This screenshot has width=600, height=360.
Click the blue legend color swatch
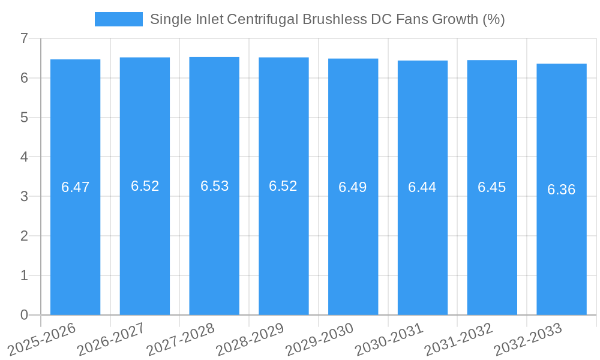click(x=118, y=19)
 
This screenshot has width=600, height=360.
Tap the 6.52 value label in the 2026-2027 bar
click(x=145, y=186)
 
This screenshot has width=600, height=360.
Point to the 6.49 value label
click(x=353, y=187)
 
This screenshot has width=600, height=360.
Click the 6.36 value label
click(x=561, y=190)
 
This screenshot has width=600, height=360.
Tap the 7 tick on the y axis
click(x=24, y=38)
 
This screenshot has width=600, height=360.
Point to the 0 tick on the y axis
click(x=24, y=315)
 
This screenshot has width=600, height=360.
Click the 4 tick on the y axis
click(x=24, y=157)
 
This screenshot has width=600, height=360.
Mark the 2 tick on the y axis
click(x=24, y=236)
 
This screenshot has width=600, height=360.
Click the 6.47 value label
click(x=75, y=187)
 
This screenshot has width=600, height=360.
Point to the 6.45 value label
click(x=492, y=187)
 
